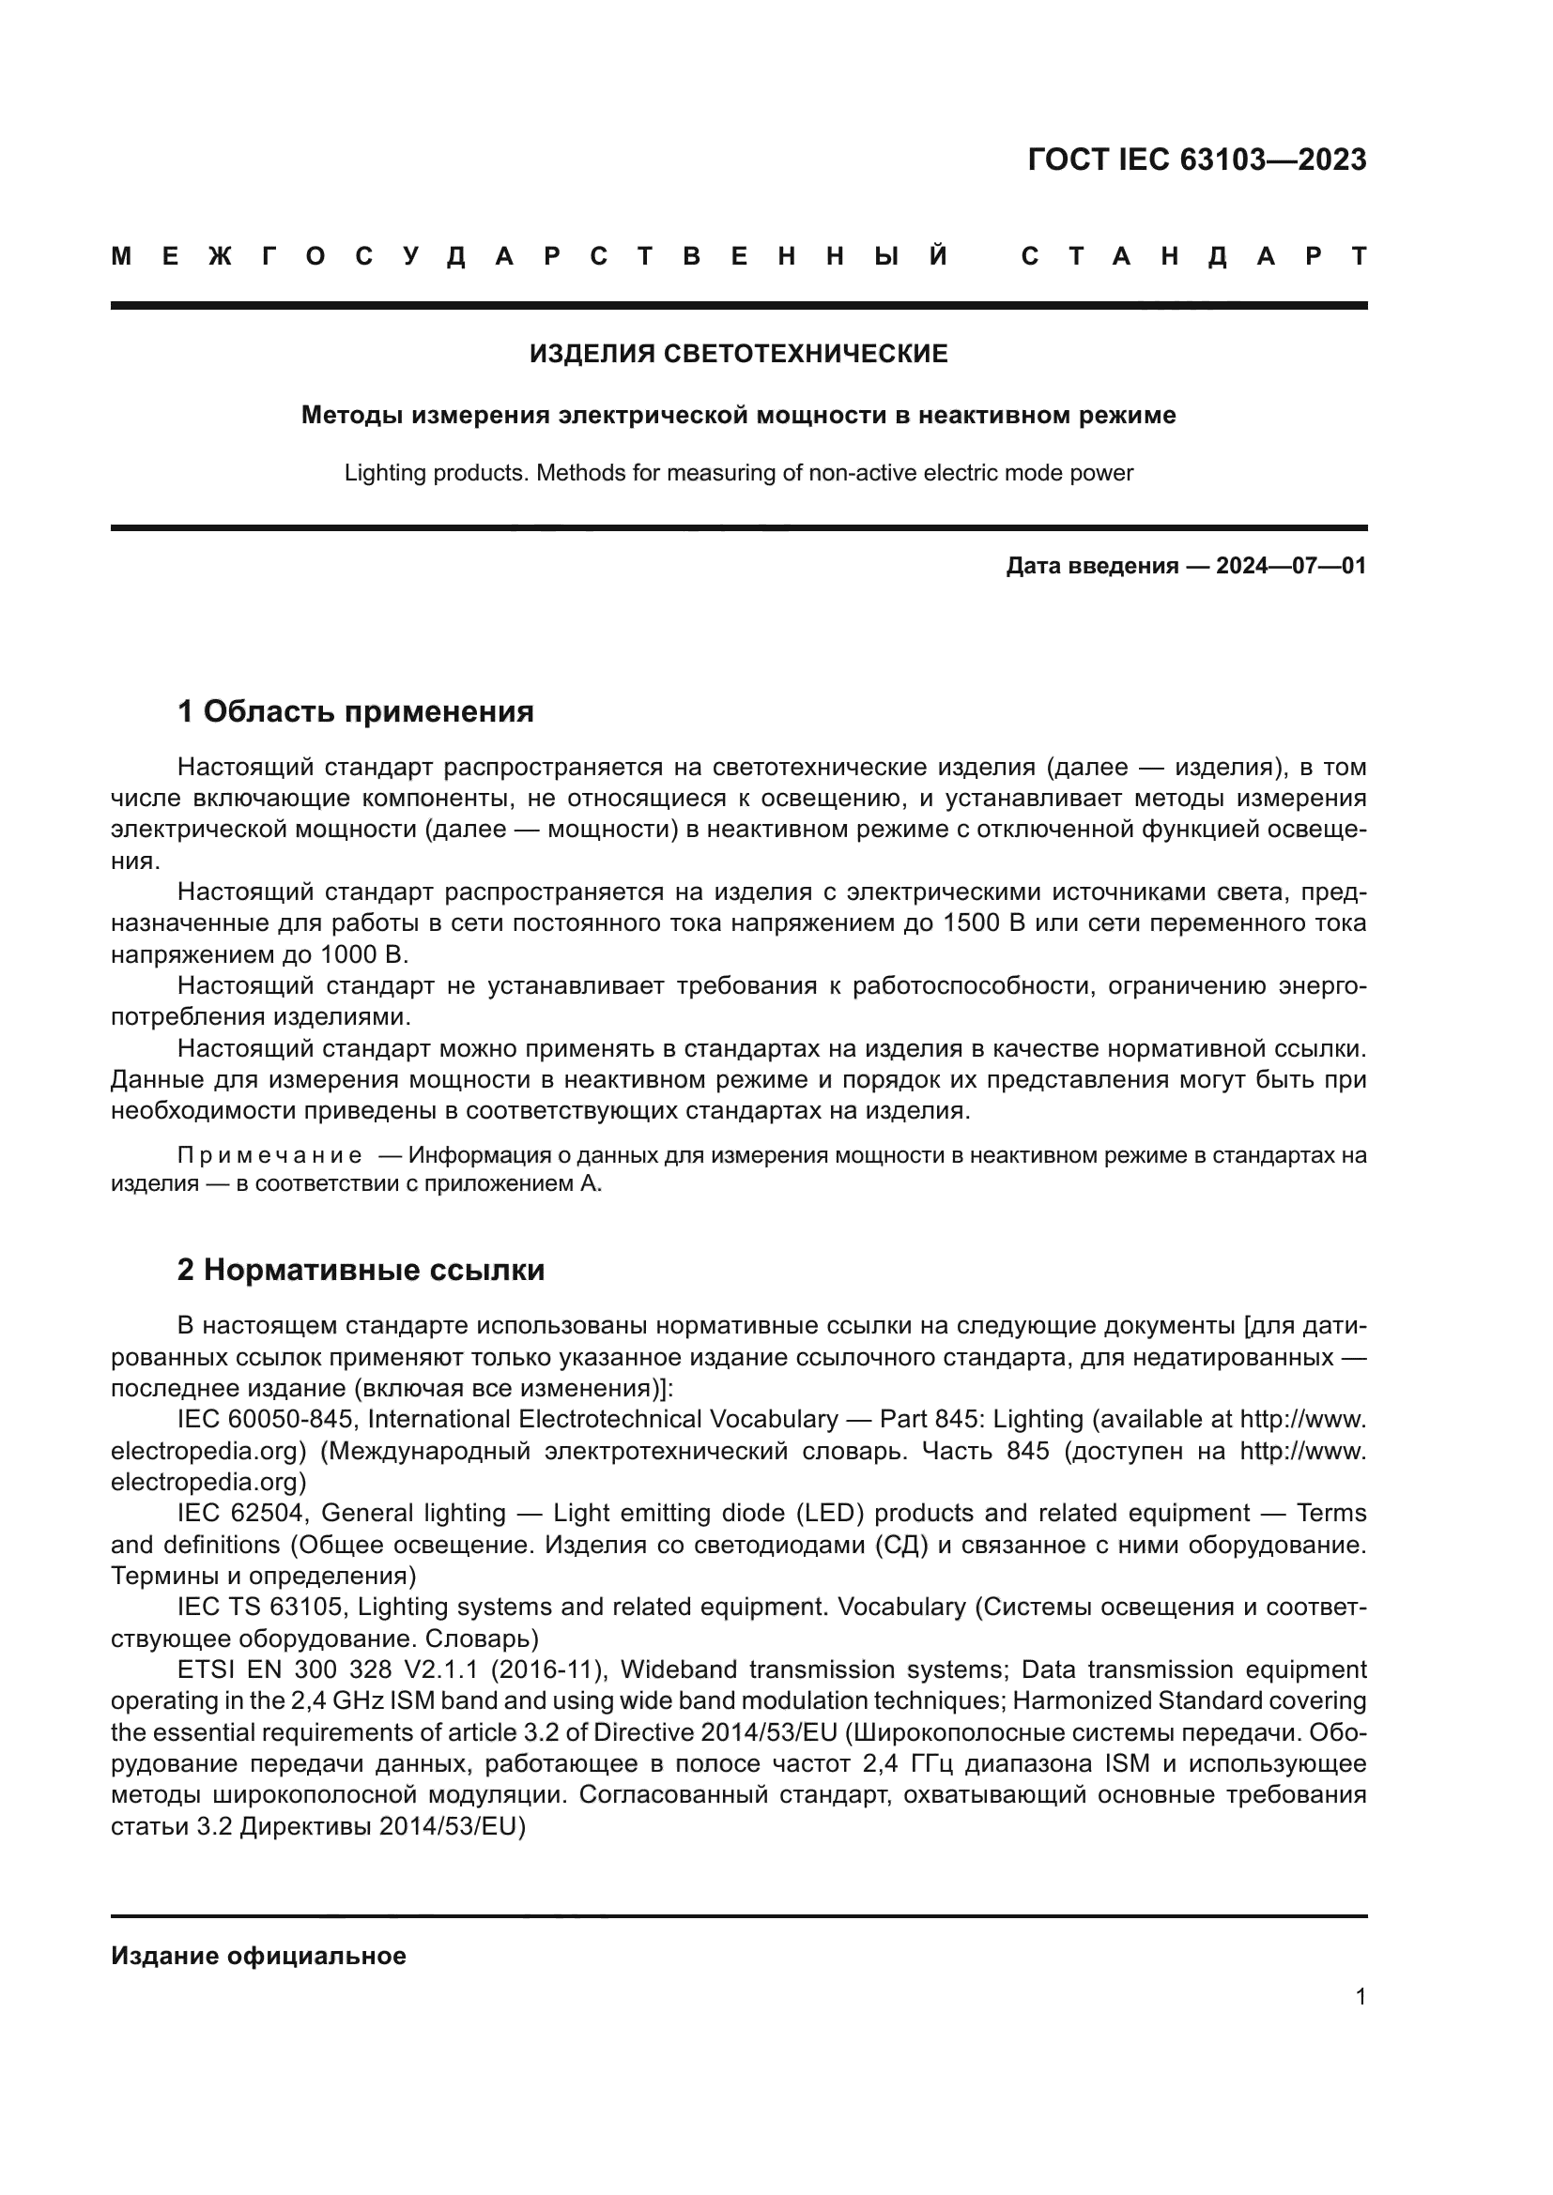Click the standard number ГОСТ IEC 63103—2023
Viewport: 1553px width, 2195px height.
(x=1196, y=160)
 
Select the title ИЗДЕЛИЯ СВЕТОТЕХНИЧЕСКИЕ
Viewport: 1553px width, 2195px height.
(x=738, y=354)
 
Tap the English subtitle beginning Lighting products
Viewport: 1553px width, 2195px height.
(x=738, y=473)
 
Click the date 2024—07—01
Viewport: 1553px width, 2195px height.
(x=1290, y=566)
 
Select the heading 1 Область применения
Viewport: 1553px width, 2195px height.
(x=355, y=712)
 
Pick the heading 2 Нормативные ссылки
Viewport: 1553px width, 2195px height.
(x=361, y=1271)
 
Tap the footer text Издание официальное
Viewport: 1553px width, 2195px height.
(x=258, y=1957)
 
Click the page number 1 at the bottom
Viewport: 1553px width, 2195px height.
(x=1360, y=1997)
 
